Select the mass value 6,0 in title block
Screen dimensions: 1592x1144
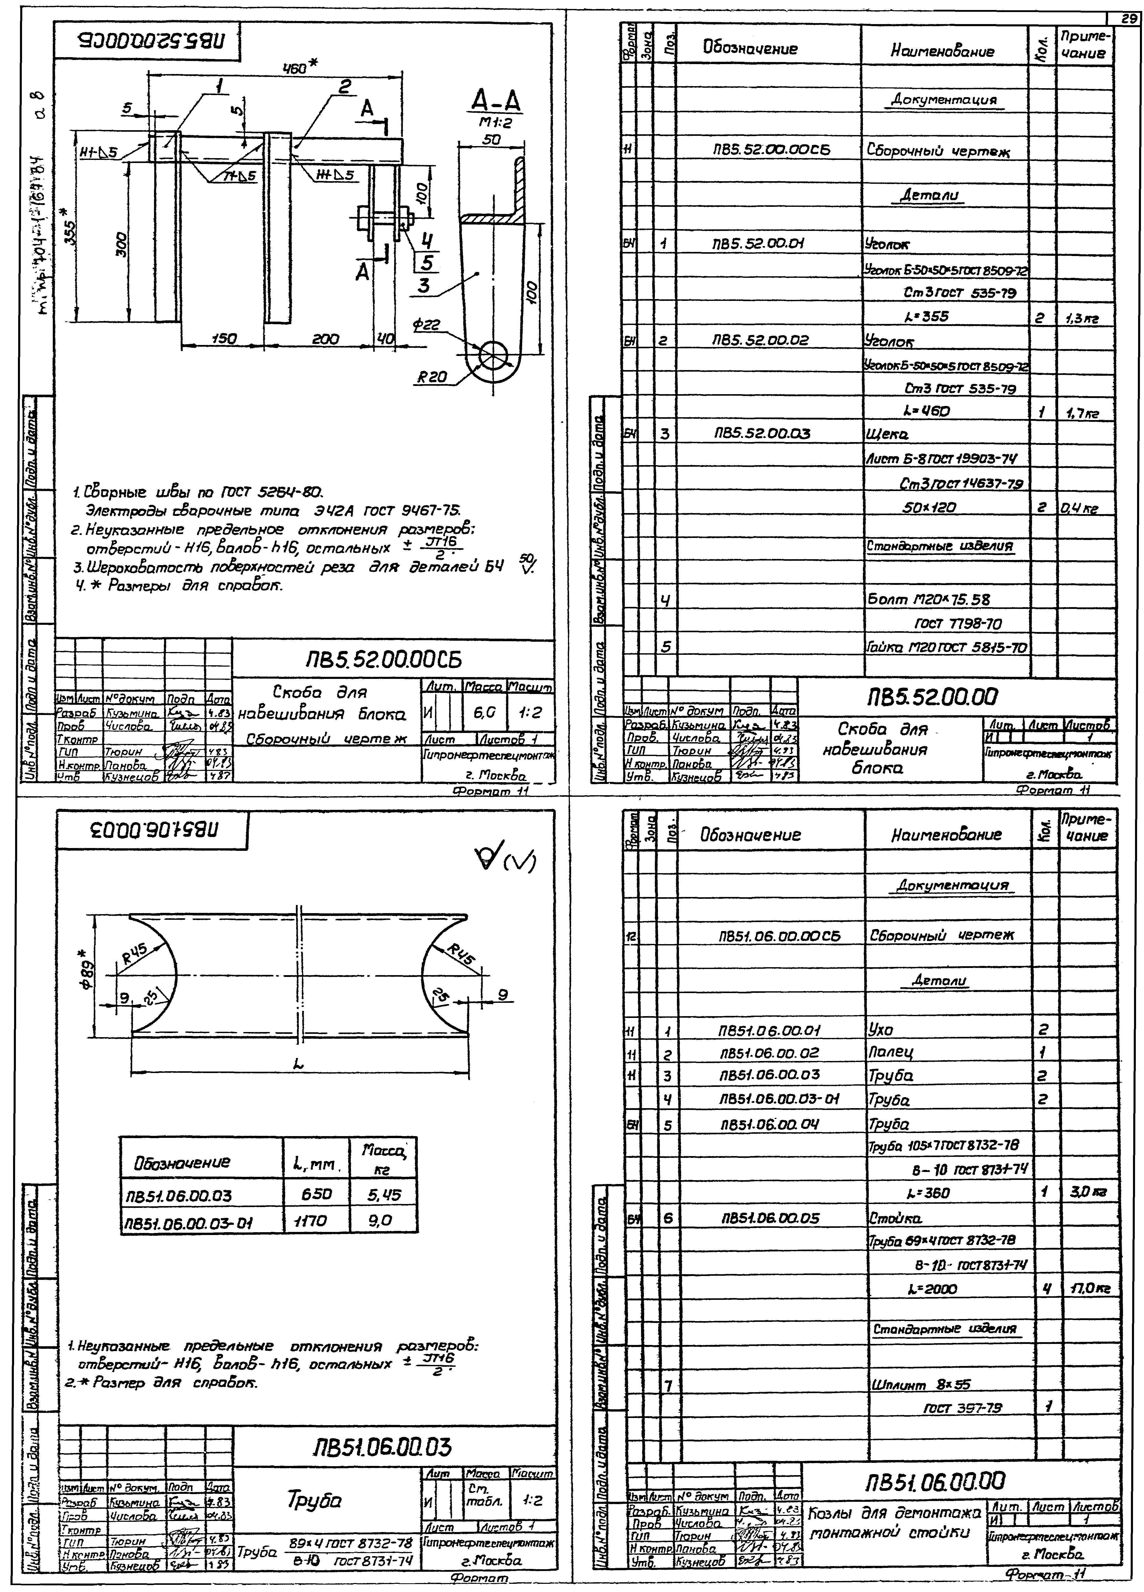(483, 712)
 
